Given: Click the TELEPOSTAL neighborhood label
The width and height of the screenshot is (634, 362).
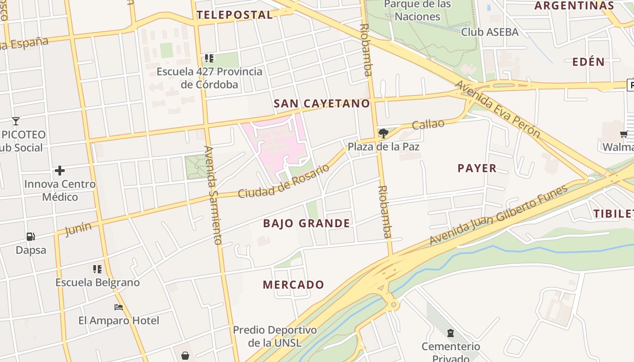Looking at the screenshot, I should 235,15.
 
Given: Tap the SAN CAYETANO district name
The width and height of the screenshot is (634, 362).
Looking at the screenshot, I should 322,104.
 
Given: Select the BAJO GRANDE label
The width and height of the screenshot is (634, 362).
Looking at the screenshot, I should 306,223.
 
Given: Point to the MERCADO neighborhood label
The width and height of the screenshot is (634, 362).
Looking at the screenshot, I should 293,285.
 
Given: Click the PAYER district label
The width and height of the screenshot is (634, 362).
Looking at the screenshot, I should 477,168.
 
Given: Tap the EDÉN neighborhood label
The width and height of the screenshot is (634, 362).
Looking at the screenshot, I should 588,62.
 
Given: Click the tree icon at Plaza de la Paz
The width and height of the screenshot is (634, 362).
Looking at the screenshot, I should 384,133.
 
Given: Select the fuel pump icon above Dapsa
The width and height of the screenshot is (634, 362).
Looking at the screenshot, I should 31,236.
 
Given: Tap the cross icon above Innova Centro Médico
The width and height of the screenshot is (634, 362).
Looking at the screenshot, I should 59,171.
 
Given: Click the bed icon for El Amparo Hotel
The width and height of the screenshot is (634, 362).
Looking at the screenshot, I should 119,307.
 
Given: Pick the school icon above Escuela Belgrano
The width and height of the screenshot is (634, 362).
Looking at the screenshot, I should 97,269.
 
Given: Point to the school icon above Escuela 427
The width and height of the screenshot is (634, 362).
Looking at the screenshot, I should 209,58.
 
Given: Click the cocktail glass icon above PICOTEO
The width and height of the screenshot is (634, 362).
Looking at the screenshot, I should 16,121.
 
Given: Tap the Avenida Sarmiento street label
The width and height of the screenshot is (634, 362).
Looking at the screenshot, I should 212,195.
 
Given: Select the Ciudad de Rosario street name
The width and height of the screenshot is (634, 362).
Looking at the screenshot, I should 283,181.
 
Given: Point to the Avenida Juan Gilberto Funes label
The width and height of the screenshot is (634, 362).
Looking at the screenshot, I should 498,215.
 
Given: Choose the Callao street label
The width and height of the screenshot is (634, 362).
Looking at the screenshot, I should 428,124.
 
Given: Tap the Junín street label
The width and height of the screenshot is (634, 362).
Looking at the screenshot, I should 78,229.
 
